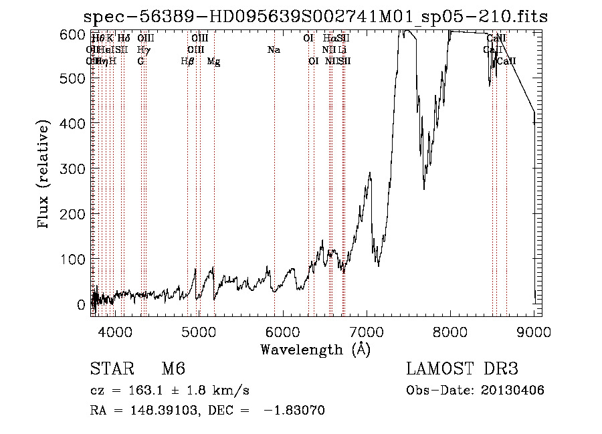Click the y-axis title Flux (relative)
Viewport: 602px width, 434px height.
45,176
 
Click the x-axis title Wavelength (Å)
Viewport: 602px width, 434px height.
315,348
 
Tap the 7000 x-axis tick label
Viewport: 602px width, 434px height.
366,331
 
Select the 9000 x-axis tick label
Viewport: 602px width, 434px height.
534,331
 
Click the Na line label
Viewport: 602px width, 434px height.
274,50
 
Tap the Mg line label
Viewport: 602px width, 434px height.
214,62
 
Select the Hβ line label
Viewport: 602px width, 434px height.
188,62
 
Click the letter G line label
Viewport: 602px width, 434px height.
140,62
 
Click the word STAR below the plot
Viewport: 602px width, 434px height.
110,369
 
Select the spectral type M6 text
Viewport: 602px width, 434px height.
173,369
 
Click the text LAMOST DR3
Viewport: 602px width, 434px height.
462,369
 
